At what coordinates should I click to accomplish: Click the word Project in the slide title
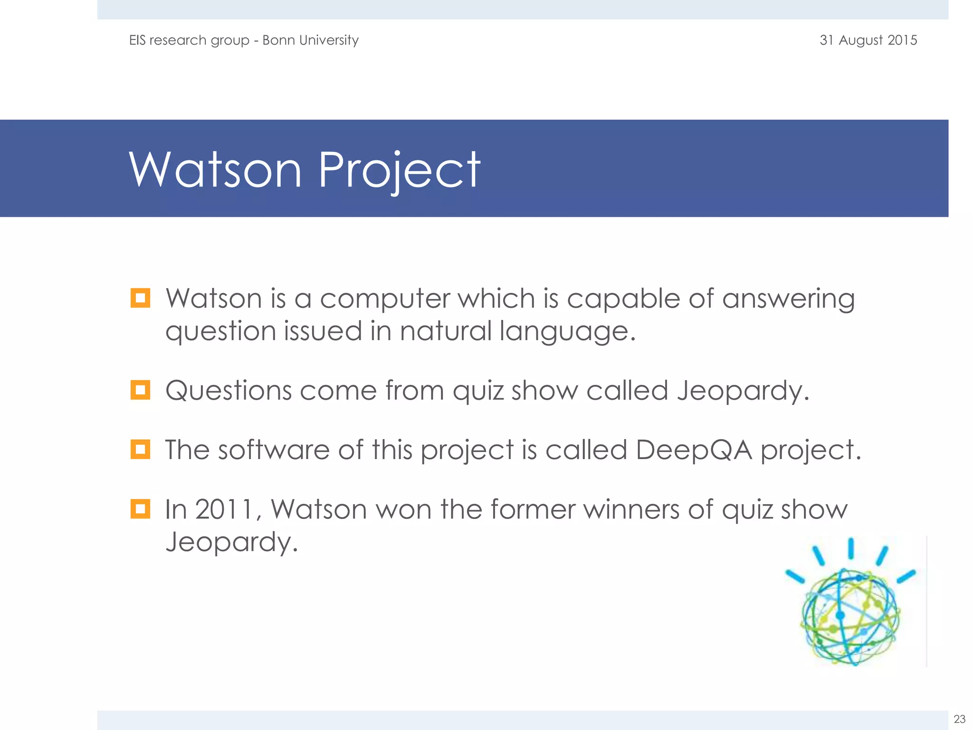(399, 170)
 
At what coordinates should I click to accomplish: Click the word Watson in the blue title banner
(215, 170)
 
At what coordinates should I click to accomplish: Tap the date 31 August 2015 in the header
(868, 40)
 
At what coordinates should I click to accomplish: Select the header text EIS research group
(189, 40)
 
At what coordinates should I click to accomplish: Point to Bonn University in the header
(310, 40)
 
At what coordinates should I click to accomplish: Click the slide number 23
(959, 719)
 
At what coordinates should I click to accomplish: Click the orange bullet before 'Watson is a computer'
(140, 298)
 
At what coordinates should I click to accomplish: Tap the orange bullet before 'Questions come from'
(140, 390)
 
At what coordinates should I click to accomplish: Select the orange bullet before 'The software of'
(140, 450)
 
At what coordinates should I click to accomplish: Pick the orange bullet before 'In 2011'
(140, 509)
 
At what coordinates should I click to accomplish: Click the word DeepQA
(694, 450)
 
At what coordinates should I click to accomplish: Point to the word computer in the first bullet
(385, 298)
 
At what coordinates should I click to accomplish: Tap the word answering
(789, 299)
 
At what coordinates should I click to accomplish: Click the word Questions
(228, 391)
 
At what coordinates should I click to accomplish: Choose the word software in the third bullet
(274, 450)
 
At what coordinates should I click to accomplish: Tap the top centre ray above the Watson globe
(851, 548)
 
